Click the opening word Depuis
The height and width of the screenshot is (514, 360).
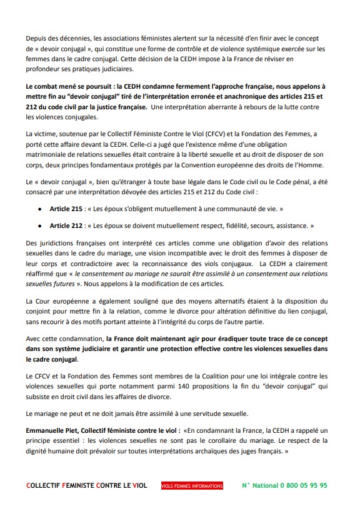[39, 39]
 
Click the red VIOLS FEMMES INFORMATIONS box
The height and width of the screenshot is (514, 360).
[191, 485]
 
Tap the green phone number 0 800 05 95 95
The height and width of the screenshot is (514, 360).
[297, 485]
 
